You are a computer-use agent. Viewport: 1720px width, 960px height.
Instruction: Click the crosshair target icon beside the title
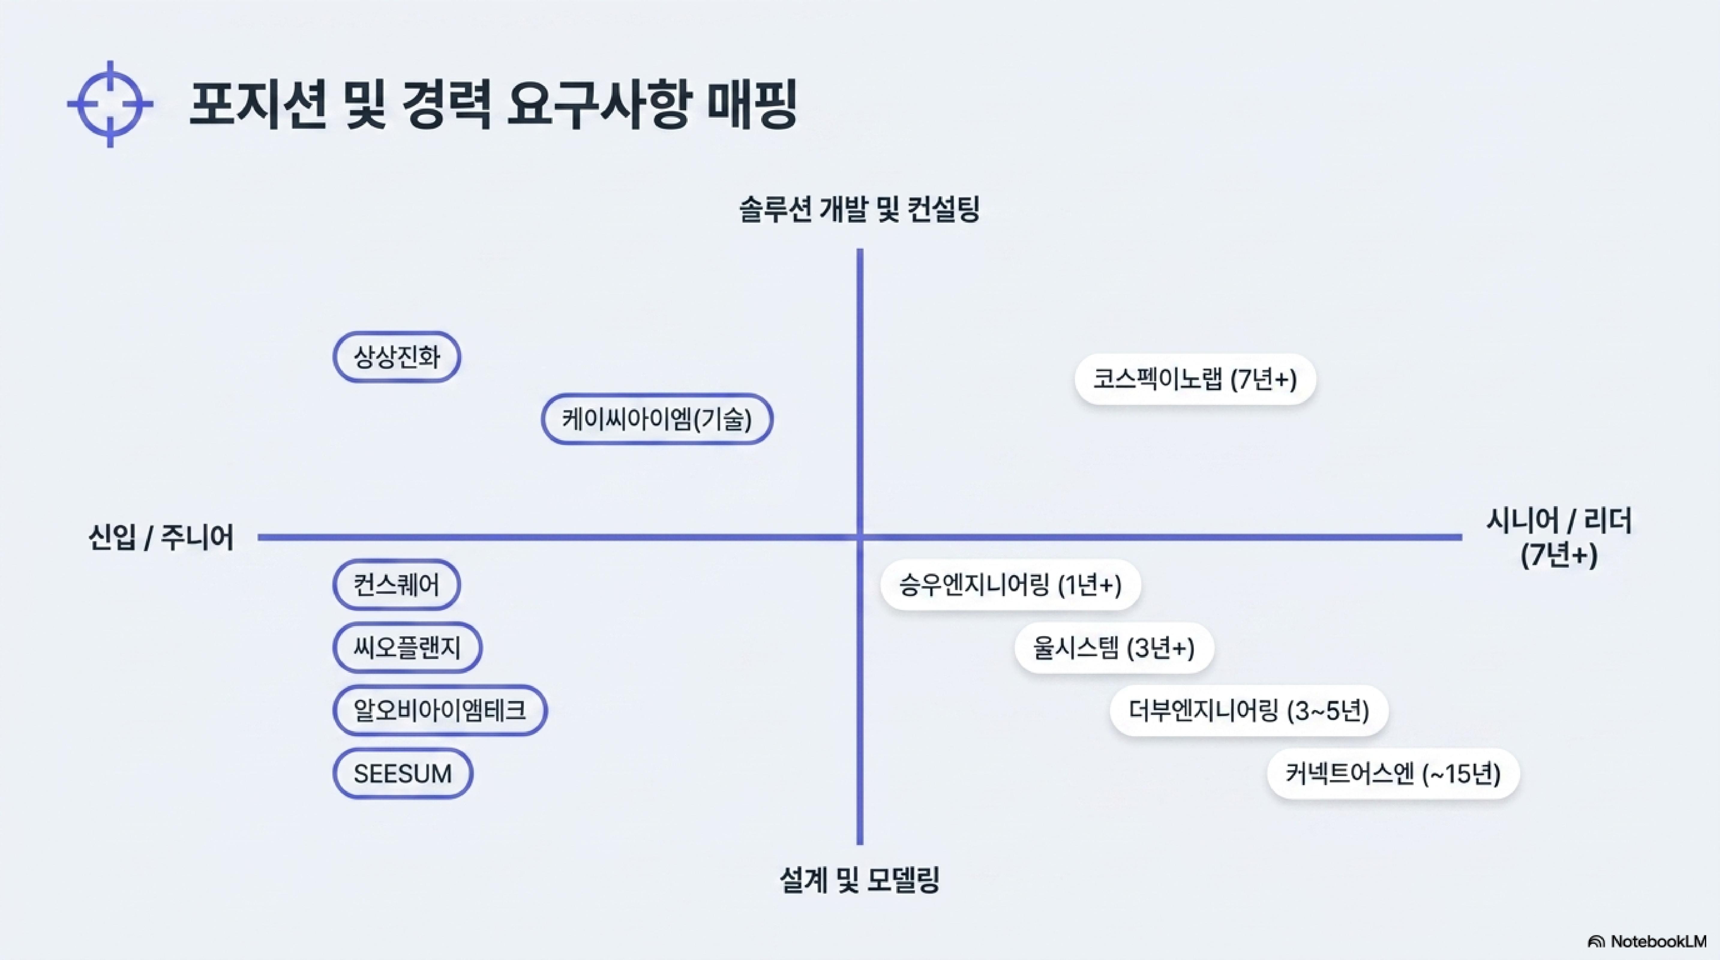point(110,104)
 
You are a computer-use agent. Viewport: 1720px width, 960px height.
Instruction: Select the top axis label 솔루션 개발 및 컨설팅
point(859,209)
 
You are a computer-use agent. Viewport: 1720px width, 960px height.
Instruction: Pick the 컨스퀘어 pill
point(397,585)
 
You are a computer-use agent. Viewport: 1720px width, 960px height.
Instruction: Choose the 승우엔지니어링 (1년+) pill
point(1010,585)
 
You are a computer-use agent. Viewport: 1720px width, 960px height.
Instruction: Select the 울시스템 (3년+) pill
point(1114,648)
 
